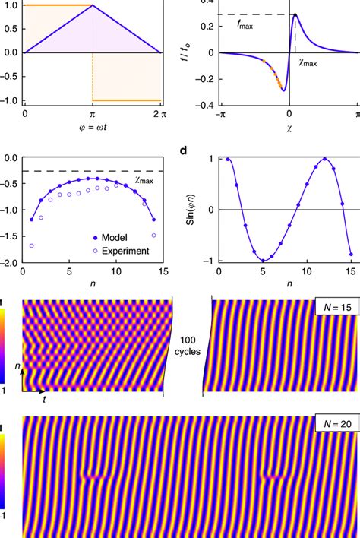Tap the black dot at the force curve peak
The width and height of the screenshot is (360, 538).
tap(295, 14)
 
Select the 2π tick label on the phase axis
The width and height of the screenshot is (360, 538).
tap(158, 113)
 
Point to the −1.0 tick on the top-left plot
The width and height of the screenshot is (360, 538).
tap(10, 100)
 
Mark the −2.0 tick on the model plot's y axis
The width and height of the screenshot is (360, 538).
tap(10, 263)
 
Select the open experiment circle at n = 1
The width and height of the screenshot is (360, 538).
tap(31, 246)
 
